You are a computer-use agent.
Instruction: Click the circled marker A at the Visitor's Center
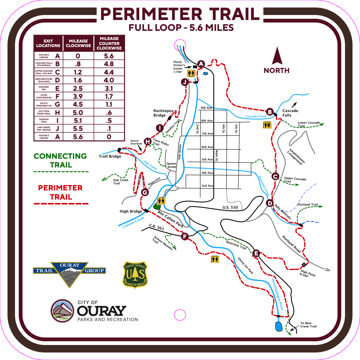(x=201, y=64)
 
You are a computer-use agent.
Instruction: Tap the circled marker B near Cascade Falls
(x=270, y=112)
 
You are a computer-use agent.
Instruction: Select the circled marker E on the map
(x=256, y=253)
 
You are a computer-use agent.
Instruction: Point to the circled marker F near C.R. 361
(x=185, y=237)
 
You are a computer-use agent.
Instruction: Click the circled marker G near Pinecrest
(x=145, y=192)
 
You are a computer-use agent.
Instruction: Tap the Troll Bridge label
(x=110, y=156)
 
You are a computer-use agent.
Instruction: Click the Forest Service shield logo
(x=135, y=275)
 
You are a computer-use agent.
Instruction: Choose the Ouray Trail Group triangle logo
(x=69, y=273)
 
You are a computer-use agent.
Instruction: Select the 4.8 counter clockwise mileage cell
(x=109, y=64)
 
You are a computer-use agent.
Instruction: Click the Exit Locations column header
(x=48, y=43)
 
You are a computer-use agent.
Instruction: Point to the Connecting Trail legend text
(x=60, y=160)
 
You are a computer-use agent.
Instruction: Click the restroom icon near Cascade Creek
(x=266, y=125)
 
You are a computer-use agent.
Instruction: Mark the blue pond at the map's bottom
(x=278, y=325)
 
